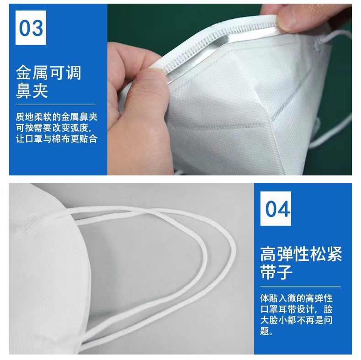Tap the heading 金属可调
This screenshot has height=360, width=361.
coord(48,73)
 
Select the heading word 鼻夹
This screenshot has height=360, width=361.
coord(32,91)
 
